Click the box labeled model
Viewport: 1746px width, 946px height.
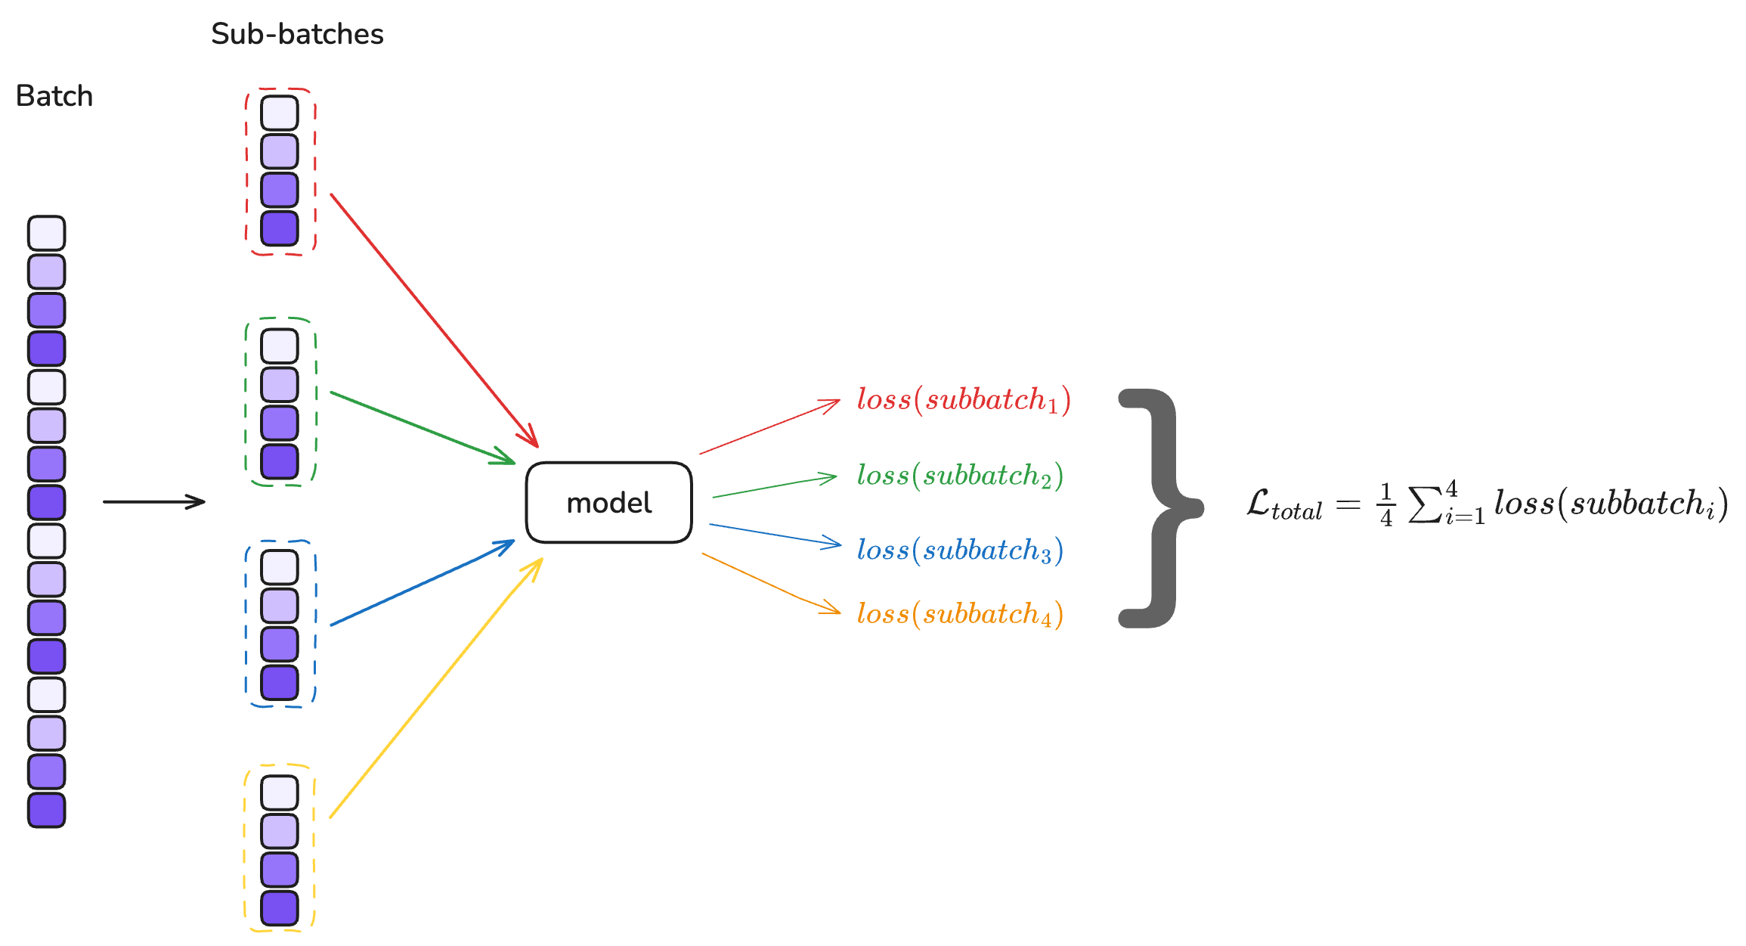[x=608, y=503]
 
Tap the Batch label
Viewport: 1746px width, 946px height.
[x=54, y=97]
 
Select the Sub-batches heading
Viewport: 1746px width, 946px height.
[x=297, y=34]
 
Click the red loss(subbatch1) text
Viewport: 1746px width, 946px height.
[x=964, y=400]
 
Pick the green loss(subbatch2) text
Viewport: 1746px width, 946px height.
[x=960, y=476]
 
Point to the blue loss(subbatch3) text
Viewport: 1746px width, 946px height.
[x=960, y=551]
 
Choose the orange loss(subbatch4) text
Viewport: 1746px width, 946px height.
[x=960, y=614]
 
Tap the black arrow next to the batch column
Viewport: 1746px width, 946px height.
[x=154, y=501]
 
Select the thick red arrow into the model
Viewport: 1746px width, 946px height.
[x=435, y=321]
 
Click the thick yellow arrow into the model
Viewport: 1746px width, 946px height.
[x=437, y=688]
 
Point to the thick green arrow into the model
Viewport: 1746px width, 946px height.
[x=423, y=428]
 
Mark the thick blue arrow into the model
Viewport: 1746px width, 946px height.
[x=423, y=582]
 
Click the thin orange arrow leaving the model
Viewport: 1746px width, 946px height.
[x=771, y=584]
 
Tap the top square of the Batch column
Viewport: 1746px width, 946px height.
[x=47, y=233]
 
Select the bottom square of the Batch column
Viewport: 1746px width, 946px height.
[x=47, y=810]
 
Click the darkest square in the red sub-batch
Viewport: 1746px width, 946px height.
[x=280, y=228]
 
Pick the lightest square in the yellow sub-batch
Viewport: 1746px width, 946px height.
[x=280, y=792]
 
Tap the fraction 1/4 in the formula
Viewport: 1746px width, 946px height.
[x=1385, y=504]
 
